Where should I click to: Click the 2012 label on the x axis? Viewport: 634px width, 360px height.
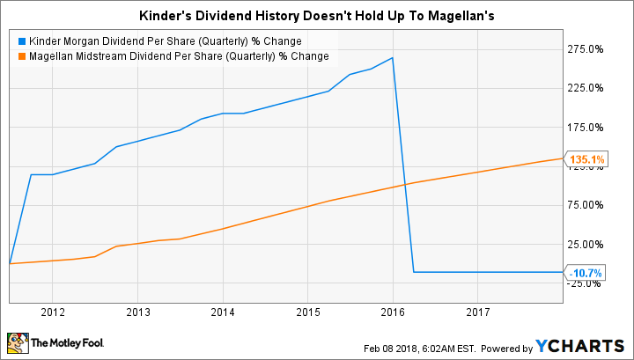pyautogui.click(x=52, y=312)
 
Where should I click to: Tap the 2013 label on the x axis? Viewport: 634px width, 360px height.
pyautogui.click(x=137, y=312)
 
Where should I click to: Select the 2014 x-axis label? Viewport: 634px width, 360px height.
pyautogui.click(x=223, y=312)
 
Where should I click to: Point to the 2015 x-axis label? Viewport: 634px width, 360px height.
pyautogui.click(x=307, y=312)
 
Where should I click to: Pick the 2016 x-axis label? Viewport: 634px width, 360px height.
pyautogui.click(x=393, y=312)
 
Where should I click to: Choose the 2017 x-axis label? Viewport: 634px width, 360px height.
pyautogui.click(x=478, y=312)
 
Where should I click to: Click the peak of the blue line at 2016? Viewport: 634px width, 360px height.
pyautogui.click(x=393, y=58)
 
